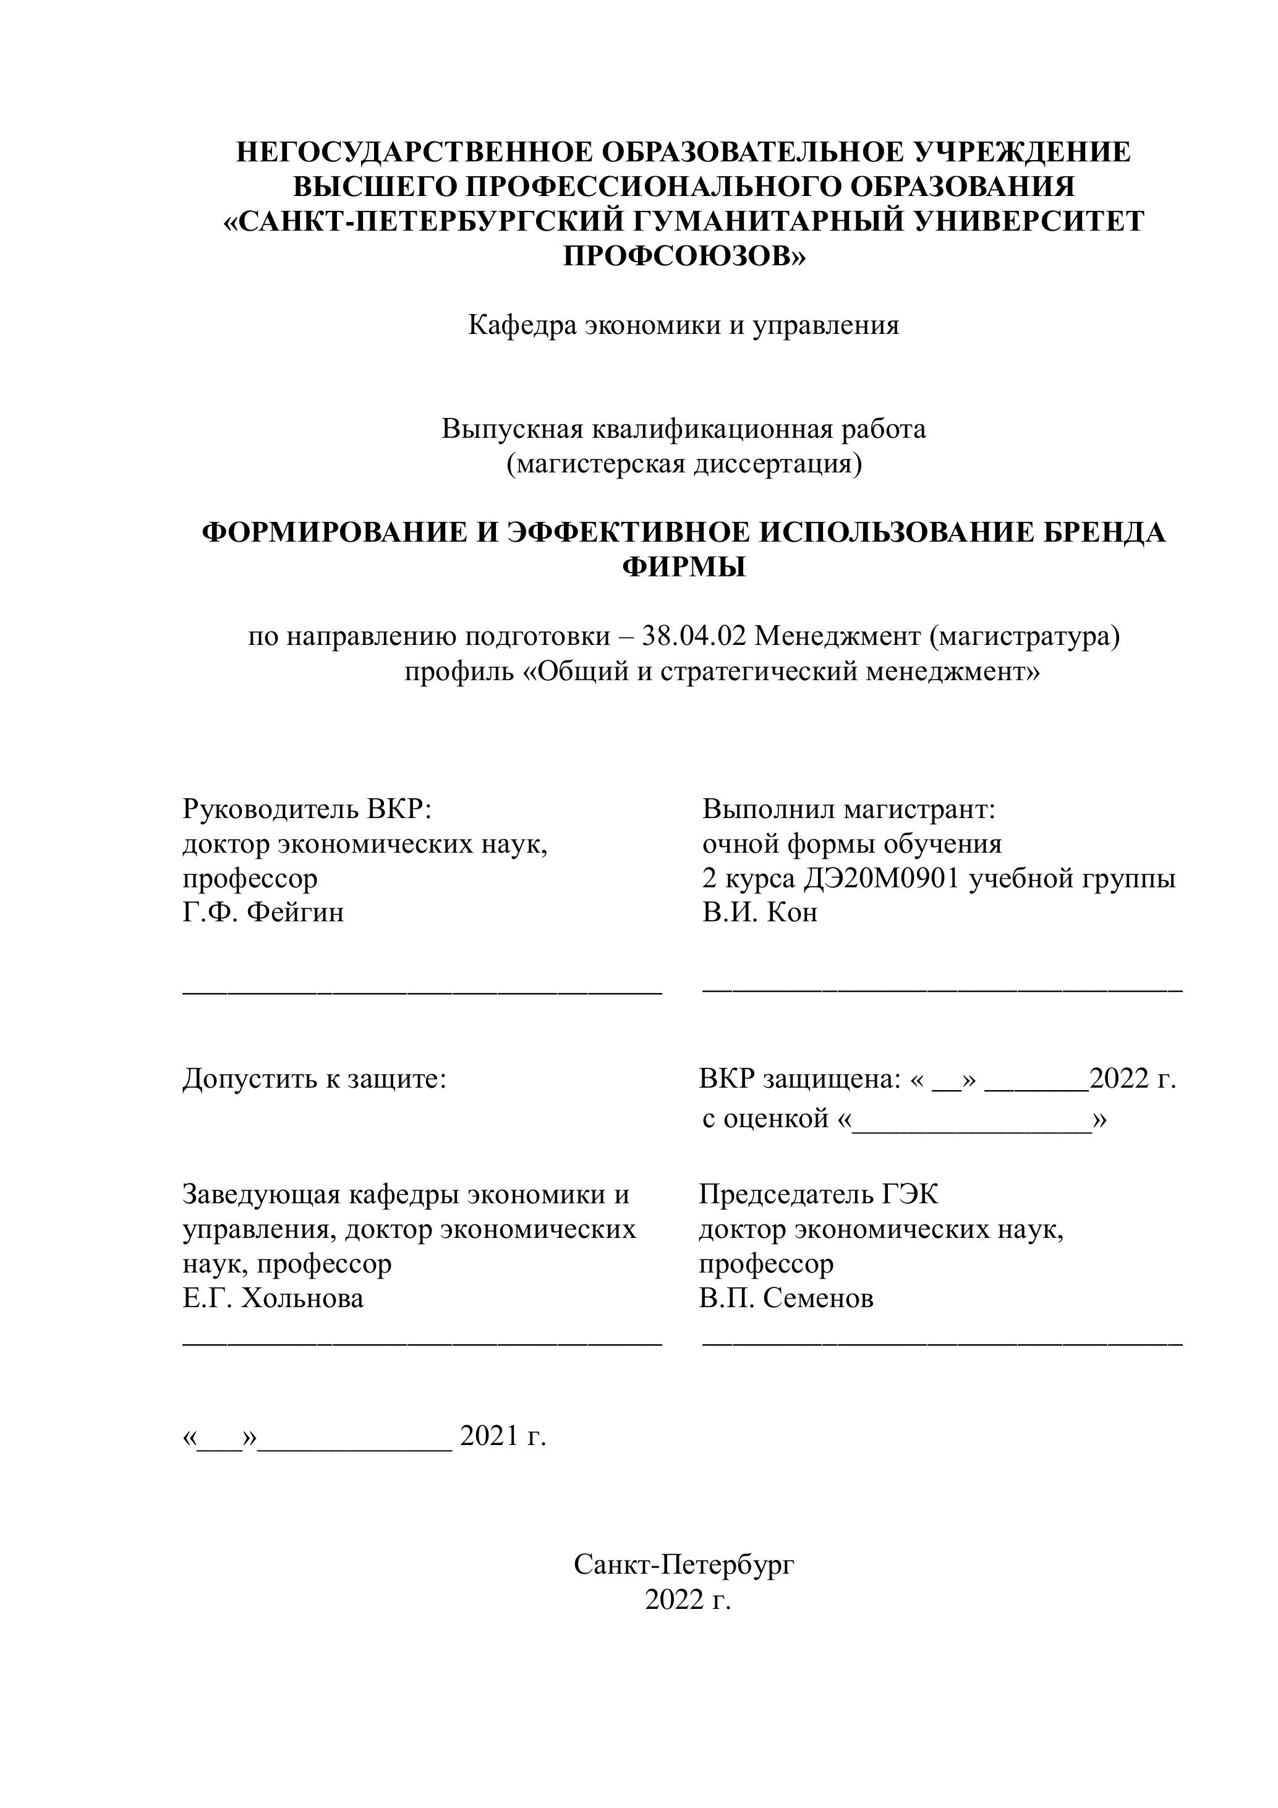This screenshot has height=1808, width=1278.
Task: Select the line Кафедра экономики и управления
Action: tap(683, 325)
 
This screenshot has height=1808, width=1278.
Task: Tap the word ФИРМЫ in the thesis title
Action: tap(683, 567)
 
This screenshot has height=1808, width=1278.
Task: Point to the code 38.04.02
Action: tap(694, 636)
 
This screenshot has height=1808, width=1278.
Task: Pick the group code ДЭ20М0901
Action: tap(882, 878)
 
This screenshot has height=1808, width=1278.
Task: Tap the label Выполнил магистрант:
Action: tap(850, 809)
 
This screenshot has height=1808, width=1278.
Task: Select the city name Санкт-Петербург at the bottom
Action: tap(683, 1564)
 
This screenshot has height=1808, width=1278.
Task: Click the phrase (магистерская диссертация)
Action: tap(683, 464)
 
